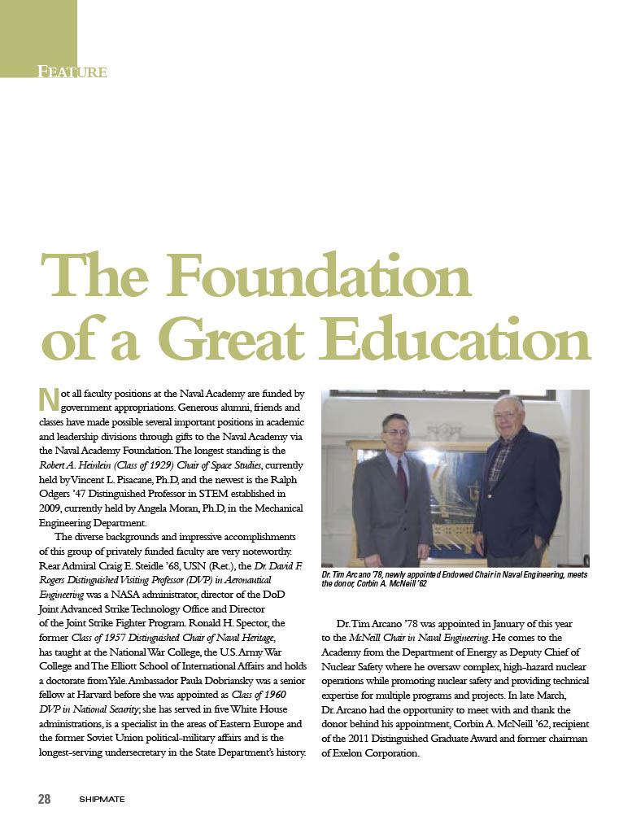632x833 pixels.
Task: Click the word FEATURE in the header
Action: click(x=72, y=72)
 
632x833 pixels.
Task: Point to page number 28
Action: click(x=44, y=798)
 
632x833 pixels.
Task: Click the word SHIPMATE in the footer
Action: click(x=101, y=799)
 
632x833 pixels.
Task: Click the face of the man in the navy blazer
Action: click(x=508, y=417)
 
